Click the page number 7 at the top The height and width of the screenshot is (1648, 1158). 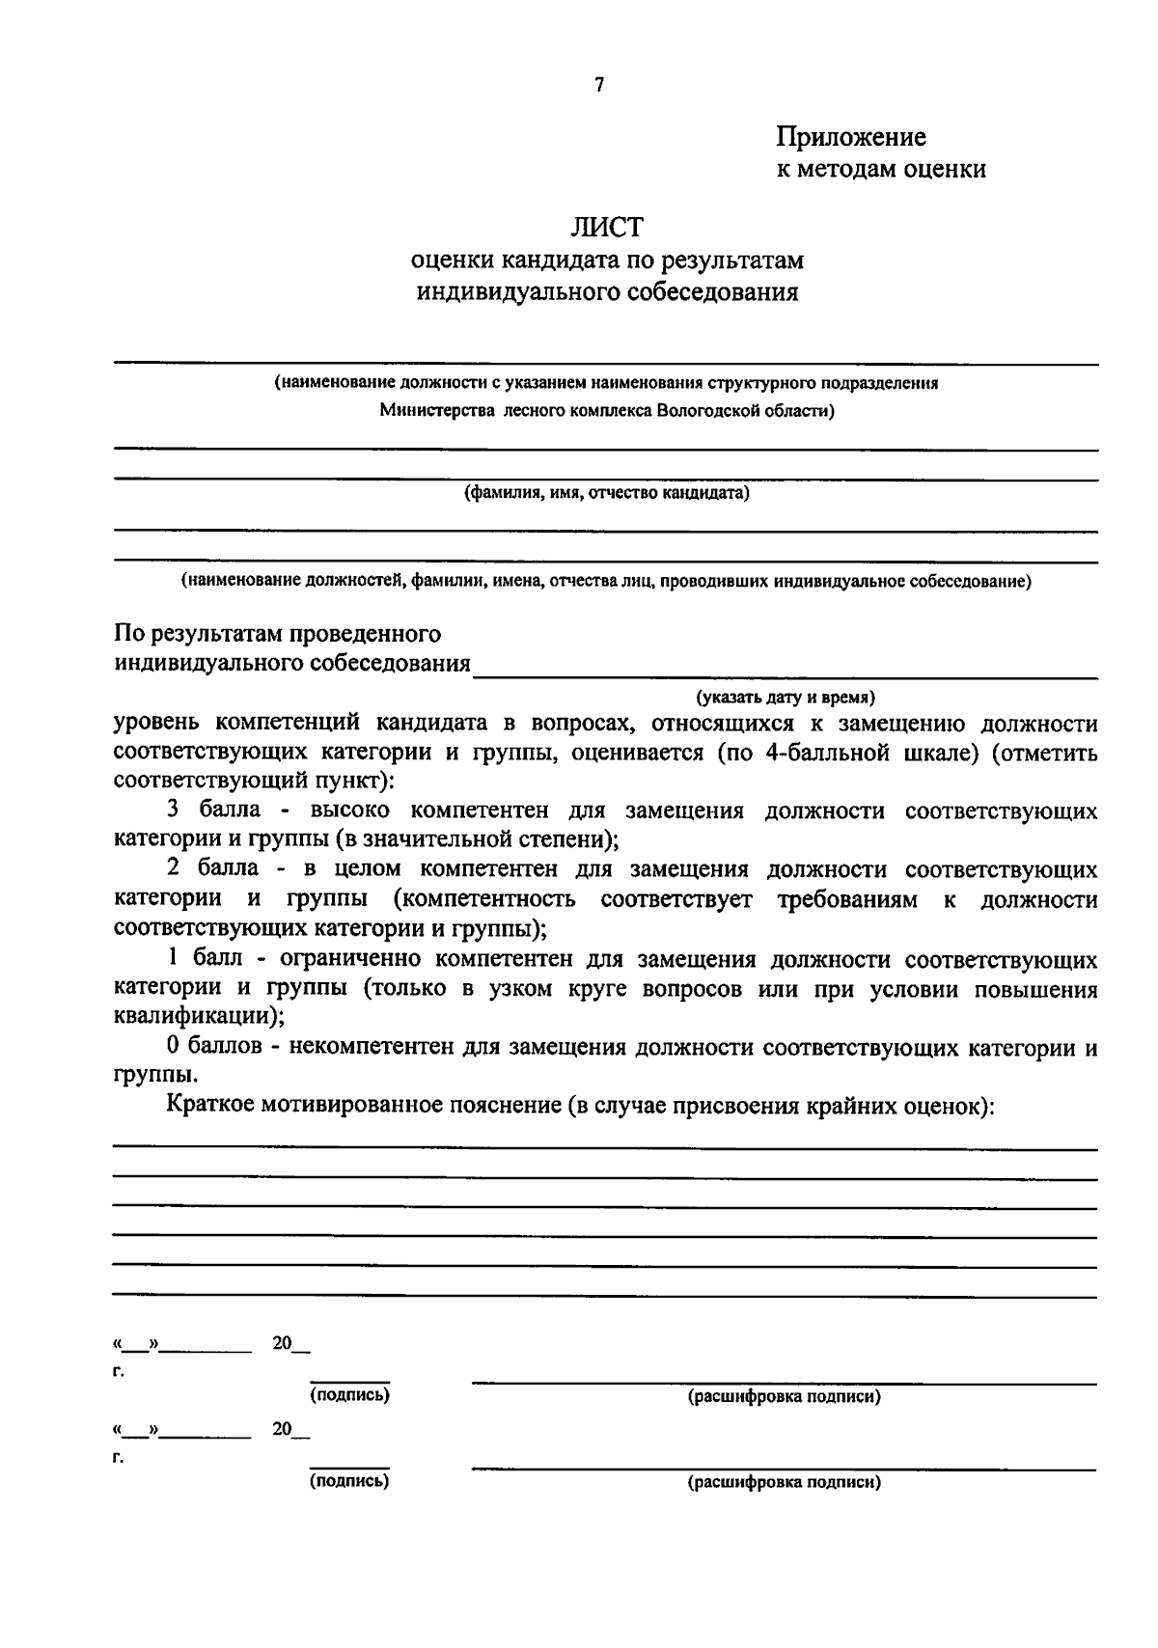click(598, 85)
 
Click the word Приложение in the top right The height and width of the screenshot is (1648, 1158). click(851, 137)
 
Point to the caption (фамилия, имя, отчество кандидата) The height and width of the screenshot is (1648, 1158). click(607, 493)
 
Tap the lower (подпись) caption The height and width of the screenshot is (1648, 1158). click(349, 1481)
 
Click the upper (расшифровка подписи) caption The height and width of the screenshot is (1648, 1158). click(784, 1396)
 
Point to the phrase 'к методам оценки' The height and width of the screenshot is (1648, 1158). click(881, 169)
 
